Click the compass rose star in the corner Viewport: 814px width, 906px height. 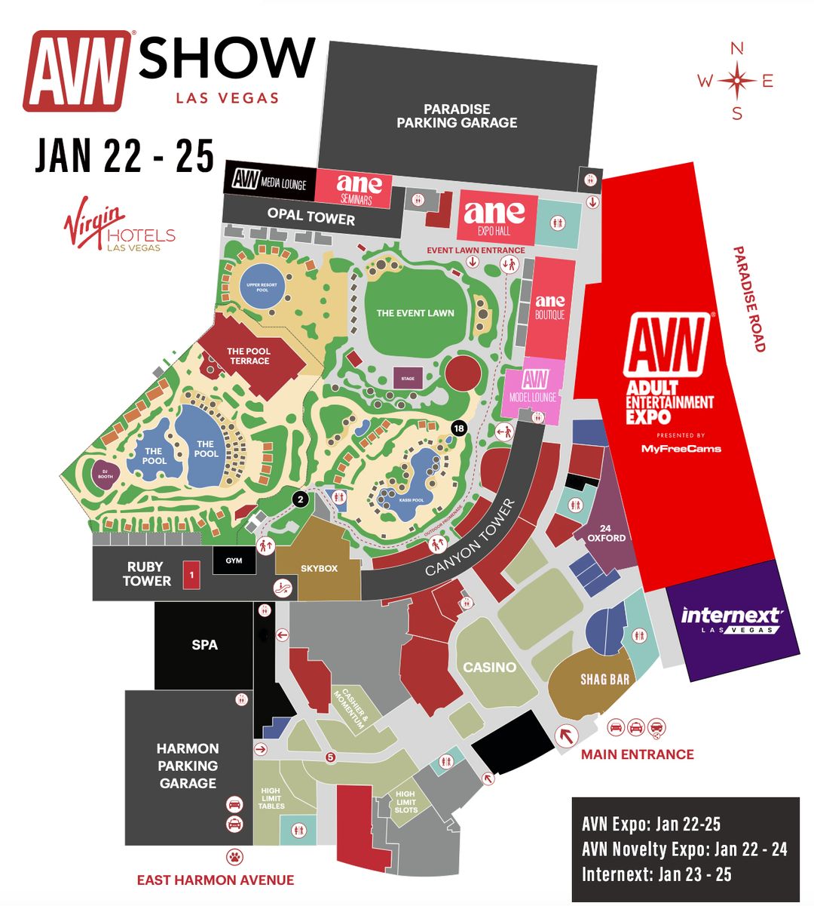click(x=737, y=81)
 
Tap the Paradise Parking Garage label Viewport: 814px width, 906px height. click(x=457, y=116)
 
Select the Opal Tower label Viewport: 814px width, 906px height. click(x=311, y=217)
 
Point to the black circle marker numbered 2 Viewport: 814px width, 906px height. click(x=300, y=499)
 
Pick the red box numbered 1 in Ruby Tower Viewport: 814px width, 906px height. click(x=192, y=575)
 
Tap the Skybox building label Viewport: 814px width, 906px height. click(x=319, y=568)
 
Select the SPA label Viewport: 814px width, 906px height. click(x=204, y=645)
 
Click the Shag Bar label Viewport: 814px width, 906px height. click(x=604, y=680)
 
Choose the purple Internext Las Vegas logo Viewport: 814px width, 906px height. click(x=733, y=619)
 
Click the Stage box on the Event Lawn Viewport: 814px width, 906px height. click(x=408, y=379)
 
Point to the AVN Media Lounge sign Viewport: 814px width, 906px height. click(x=268, y=181)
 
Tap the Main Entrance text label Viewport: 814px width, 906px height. click(x=637, y=754)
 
